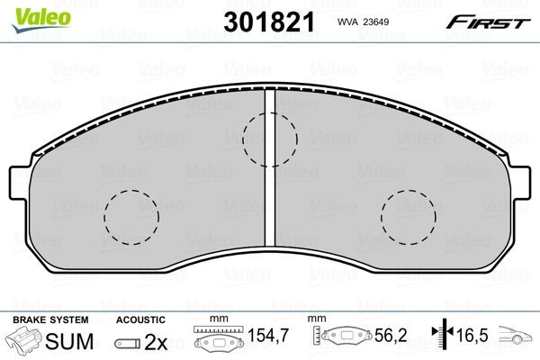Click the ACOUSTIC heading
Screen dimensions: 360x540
click(x=140, y=320)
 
